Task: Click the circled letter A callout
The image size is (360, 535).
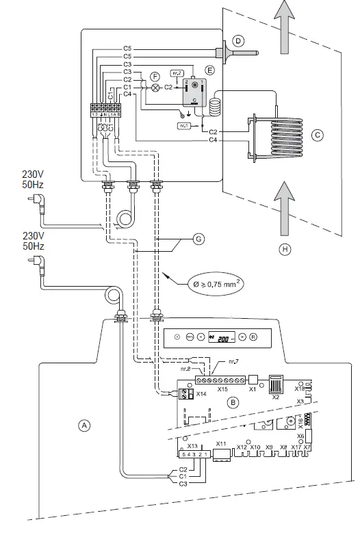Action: (85, 425)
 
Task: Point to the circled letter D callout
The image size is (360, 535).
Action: (238, 42)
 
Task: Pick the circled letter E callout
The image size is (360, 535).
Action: (210, 70)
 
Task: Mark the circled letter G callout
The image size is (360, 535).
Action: (198, 239)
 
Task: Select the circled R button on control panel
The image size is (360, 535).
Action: (253, 337)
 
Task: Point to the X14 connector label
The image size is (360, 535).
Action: (201, 395)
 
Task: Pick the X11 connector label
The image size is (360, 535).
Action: (220, 444)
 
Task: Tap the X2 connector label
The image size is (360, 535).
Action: (277, 397)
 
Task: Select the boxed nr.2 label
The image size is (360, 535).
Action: (177, 70)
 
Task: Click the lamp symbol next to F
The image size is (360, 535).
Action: (155, 88)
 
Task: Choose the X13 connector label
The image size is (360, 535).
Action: (191, 446)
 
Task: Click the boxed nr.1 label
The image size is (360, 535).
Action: (183, 127)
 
